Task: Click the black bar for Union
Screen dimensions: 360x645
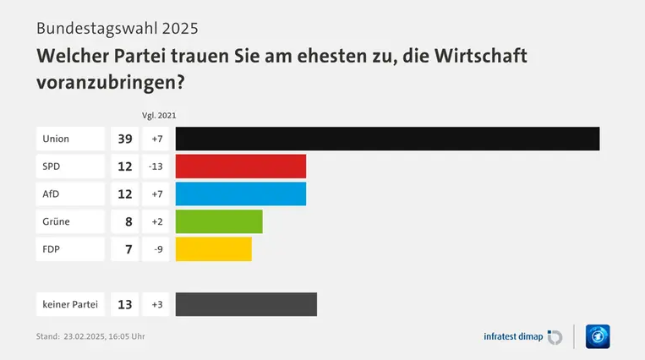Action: point(387,139)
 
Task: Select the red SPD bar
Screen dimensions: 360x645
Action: point(240,166)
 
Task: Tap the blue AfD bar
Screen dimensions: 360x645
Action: point(240,194)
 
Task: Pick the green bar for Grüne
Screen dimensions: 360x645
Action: point(219,221)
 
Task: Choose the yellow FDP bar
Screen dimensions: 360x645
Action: point(213,249)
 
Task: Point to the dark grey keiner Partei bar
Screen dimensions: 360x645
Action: point(246,304)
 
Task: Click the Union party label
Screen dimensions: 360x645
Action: point(56,139)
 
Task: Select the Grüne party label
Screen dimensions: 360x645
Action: point(57,221)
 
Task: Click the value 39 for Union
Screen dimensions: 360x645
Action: point(125,139)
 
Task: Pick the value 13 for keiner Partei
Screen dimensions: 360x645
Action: point(125,304)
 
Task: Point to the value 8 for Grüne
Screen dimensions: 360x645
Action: point(128,221)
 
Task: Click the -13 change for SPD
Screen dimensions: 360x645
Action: point(155,166)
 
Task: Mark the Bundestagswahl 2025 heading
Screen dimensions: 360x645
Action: point(118,28)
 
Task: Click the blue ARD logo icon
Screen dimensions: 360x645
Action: point(598,336)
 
